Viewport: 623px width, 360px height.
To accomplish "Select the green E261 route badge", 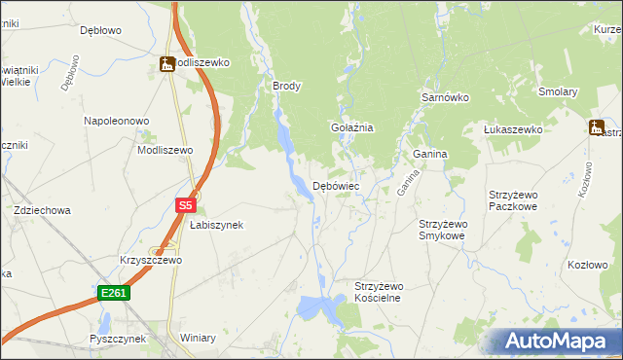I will coord(113,292).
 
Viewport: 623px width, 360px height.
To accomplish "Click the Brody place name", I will coord(287,86).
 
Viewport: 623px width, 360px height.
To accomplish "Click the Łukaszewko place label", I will coord(513,129).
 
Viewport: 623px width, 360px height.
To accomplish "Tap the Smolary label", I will coord(558,92).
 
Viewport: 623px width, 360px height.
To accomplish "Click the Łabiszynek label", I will coord(216,225).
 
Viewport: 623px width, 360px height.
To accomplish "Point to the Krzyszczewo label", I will coord(151,261).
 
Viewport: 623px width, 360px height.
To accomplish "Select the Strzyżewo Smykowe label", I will coord(442,230).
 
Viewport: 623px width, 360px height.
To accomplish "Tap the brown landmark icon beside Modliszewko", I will coord(166,64).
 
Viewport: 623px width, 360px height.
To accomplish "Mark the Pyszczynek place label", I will coord(117,339).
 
